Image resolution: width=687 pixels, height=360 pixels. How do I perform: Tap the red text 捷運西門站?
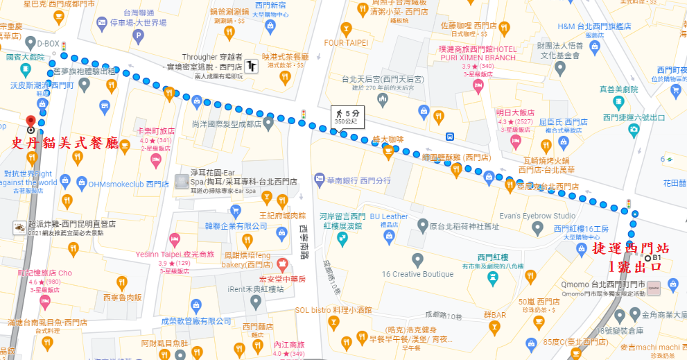[629, 249]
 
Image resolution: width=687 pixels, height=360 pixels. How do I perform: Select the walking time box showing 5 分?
[345, 115]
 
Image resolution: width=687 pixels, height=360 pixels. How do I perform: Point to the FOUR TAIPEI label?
[346, 42]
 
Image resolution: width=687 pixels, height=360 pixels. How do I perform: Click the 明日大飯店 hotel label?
[515, 112]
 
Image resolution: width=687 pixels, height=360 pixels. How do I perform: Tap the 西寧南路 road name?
[304, 239]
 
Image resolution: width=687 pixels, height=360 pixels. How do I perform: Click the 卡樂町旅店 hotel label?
[156, 131]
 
